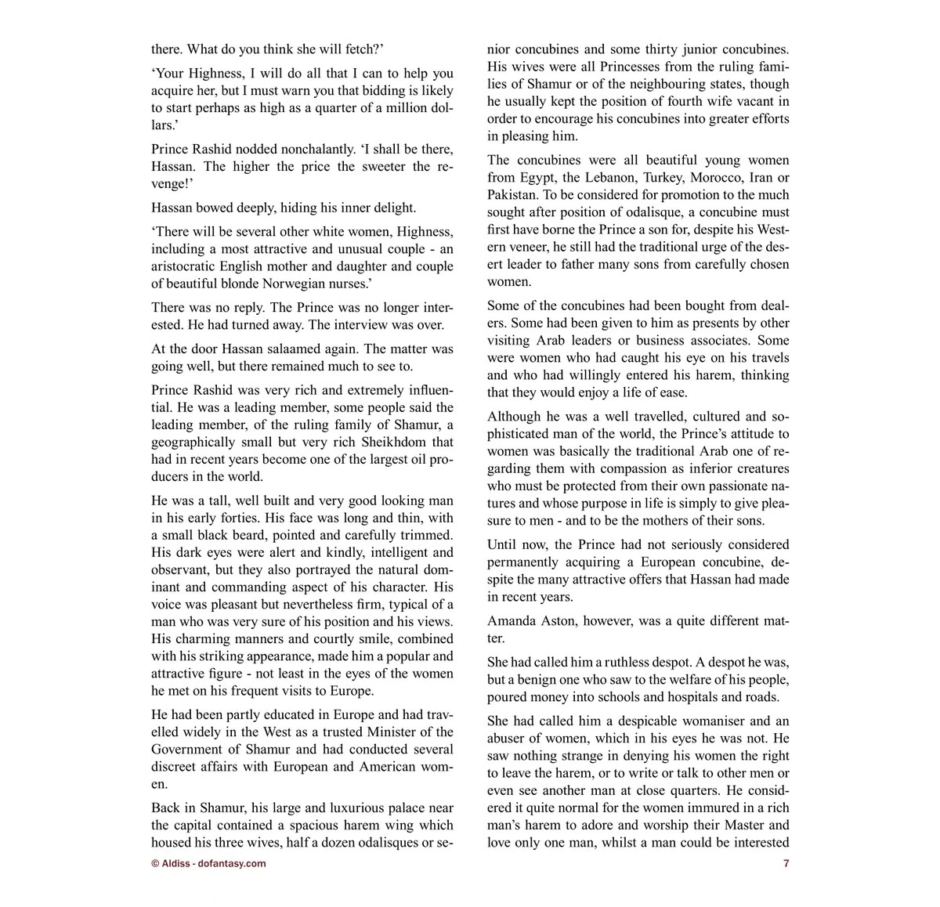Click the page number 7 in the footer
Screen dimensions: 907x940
[x=786, y=864]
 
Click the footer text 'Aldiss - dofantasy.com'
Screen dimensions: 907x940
[x=213, y=864]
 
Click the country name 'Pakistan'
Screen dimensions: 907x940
[x=512, y=195]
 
